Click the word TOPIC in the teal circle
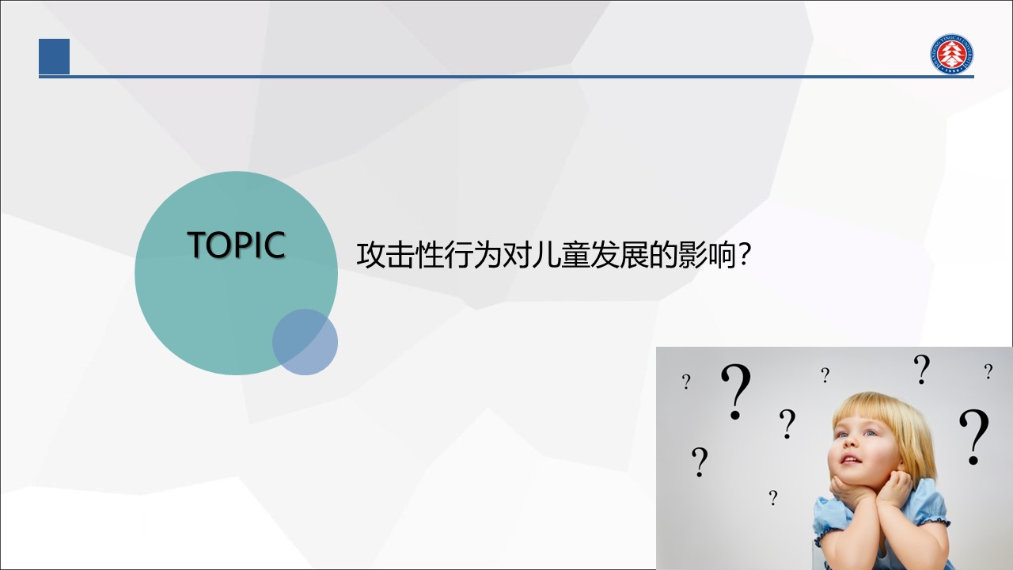(x=236, y=245)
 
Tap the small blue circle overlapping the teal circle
(x=305, y=342)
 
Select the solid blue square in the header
(x=55, y=56)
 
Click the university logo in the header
(x=951, y=53)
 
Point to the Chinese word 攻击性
(x=400, y=255)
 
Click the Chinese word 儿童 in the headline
(x=560, y=255)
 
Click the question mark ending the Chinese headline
(x=744, y=254)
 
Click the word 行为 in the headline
(x=472, y=255)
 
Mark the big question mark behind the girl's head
(x=974, y=437)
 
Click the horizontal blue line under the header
(x=506, y=77)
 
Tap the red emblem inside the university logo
(x=951, y=53)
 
